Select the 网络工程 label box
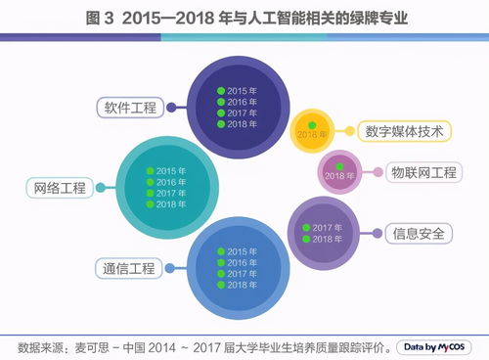[60, 187]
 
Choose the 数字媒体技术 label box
[404, 131]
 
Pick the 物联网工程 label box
[422, 173]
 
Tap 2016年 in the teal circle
[171, 182]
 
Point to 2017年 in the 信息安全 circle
[329, 227]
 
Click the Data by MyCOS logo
[435, 346]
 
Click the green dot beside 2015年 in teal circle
[151, 171]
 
